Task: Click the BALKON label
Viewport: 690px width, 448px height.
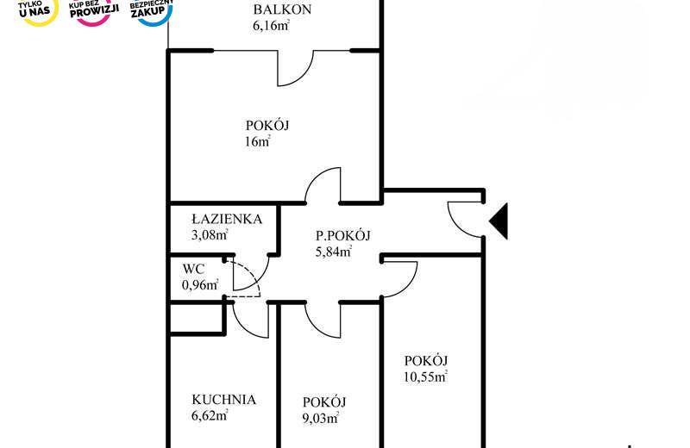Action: point(282,9)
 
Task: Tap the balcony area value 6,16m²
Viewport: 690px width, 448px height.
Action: point(271,26)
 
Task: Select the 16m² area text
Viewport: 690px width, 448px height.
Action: point(257,141)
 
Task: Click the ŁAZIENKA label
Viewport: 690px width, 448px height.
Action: point(227,219)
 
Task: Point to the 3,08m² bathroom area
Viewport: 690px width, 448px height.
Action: point(210,235)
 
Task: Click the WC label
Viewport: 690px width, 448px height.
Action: point(193,269)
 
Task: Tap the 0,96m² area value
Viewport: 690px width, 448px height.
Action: point(200,285)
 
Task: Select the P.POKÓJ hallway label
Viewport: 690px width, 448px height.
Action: point(343,236)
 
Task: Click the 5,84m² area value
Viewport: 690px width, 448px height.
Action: point(334,252)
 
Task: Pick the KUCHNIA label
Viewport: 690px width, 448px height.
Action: point(223,399)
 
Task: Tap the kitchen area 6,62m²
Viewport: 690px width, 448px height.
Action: point(210,415)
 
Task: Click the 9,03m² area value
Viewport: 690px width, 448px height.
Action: point(320,418)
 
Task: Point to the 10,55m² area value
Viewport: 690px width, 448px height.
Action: point(425,376)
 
